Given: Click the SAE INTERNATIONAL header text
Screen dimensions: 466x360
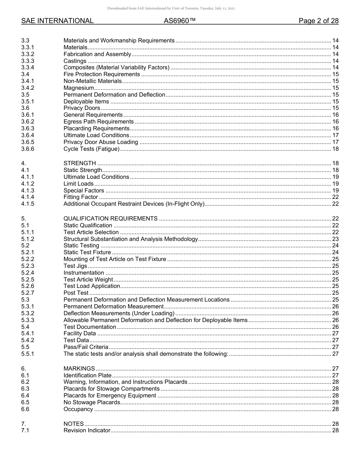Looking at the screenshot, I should pos(57,21).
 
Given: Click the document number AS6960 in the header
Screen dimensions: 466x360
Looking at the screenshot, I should pos(180,21).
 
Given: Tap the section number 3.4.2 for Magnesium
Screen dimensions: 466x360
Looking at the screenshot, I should pos(28,88).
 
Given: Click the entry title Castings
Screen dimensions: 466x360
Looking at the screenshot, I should pos(75,61).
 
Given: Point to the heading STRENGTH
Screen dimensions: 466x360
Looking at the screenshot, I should pos(80,163).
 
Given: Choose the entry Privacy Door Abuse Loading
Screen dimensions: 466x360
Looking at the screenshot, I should pos(101,142).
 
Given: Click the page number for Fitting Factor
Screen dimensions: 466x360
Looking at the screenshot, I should pos(335,197).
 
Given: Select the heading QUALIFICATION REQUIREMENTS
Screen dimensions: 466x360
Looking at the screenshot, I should pos(111,219).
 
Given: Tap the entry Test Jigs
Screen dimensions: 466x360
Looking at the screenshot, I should pos(75,266).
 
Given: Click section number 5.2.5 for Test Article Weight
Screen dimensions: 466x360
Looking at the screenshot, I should pos(28,280).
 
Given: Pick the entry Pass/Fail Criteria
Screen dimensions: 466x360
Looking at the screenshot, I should pos(86,347).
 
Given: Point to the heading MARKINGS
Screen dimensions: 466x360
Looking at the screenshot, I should pos(79,369).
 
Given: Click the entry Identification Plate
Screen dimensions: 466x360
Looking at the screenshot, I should pos(88,375).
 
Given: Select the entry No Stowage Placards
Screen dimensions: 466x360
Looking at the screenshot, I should pos(92,402).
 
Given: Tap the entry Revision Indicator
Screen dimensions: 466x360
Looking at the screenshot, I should pos(87,430).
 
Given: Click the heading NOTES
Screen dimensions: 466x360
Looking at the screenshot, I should pos(74,424).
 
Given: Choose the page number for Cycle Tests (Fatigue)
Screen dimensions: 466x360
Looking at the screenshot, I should pos(335,149).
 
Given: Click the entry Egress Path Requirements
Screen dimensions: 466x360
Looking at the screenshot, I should pos(99,122).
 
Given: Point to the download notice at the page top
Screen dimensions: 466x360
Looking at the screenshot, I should pos(171,8).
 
